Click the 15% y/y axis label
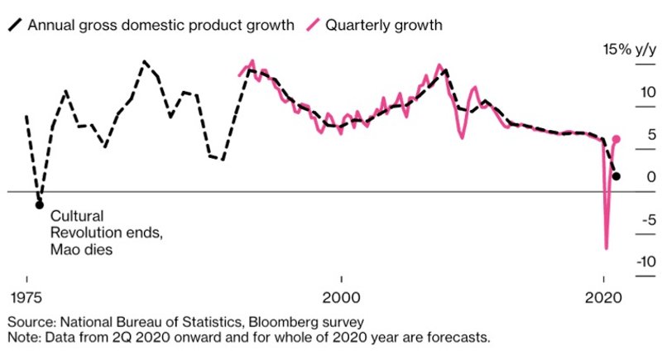point(628,51)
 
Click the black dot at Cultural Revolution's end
point(39,204)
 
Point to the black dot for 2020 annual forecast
point(616,176)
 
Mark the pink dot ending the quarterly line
point(616,139)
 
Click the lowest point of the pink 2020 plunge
point(607,247)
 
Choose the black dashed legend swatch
point(16,25)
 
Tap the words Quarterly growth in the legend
point(384,25)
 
